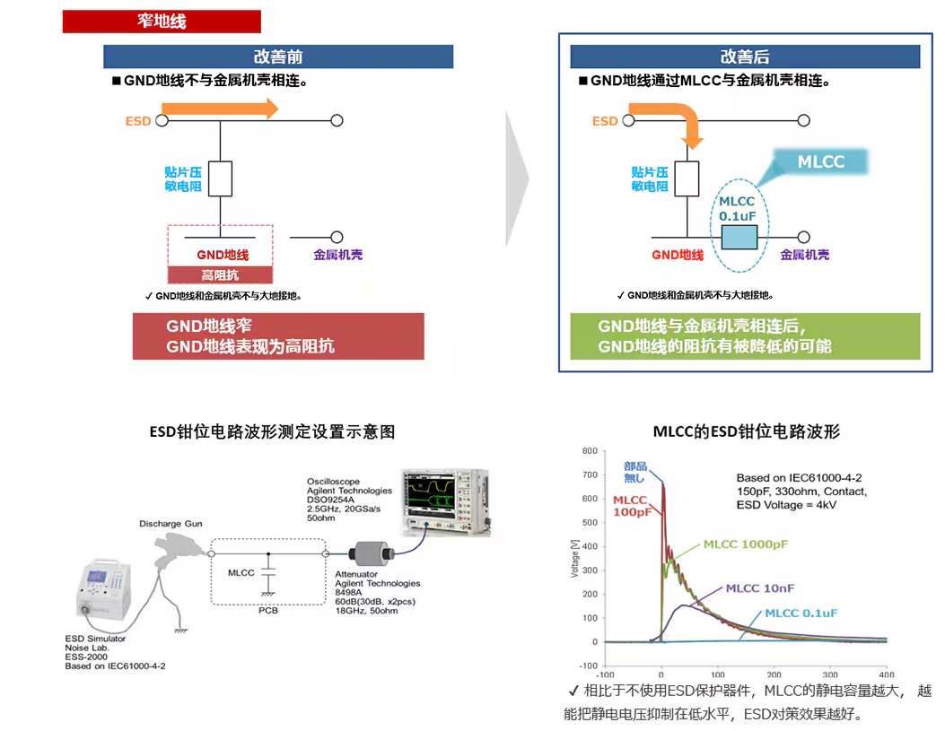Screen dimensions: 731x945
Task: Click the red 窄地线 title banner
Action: coord(162,22)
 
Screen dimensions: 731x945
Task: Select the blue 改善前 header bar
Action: coord(278,57)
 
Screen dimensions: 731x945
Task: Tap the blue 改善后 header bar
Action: coord(745,57)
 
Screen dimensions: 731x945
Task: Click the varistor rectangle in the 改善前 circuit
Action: coord(220,178)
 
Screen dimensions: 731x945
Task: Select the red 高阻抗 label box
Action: coord(220,275)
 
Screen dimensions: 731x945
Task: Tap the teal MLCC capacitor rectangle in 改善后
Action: coord(739,238)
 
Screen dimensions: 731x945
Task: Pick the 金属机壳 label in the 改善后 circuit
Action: coord(805,255)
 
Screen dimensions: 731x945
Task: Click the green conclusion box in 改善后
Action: coord(745,336)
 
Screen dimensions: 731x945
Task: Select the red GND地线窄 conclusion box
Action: coord(277,336)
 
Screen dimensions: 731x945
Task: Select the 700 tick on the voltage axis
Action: coord(589,474)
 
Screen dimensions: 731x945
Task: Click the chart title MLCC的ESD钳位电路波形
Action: coord(747,431)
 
